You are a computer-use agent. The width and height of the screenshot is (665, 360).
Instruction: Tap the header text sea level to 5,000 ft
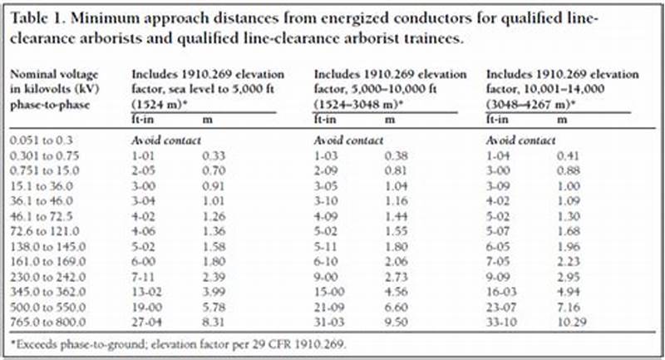pyautogui.click(x=229, y=91)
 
